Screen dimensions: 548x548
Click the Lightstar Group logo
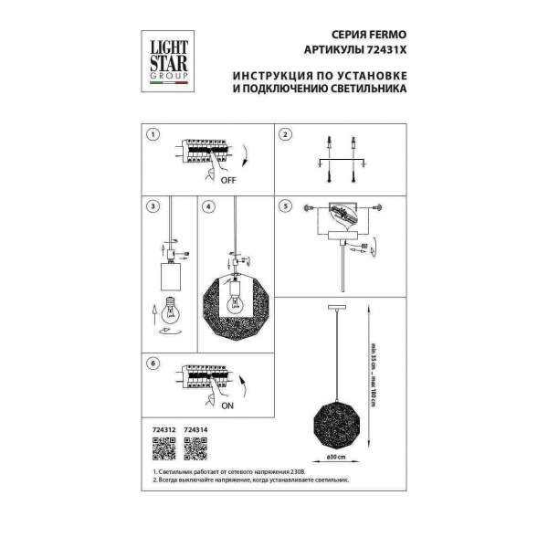[x=167, y=56]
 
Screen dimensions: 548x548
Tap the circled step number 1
[x=153, y=134]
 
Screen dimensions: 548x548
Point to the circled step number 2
[x=285, y=134]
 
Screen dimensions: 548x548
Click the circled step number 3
[x=153, y=207]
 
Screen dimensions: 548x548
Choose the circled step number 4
[x=209, y=207]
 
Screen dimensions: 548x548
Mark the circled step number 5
[x=285, y=207]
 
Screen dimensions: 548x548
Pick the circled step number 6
[x=153, y=364]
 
